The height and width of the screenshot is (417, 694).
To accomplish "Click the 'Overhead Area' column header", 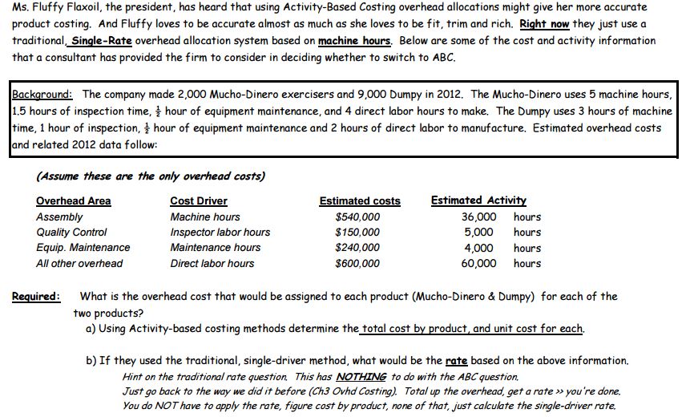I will pyautogui.click(x=74, y=200).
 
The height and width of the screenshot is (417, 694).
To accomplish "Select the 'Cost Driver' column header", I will pyautogui.click(x=199, y=200).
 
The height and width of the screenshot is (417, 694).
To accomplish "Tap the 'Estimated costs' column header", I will pyautogui.click(x=360, y=200).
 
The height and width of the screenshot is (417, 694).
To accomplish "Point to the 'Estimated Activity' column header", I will pyautogui.click(x=478, y=200).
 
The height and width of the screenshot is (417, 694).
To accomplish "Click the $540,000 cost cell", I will pyautogui.click(x=357, y=217).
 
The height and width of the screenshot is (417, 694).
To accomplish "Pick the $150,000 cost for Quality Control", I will pyautogui.click(x=357, y=233).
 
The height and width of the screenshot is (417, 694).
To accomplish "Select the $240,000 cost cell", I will pyautogui.click(x=357, y=248).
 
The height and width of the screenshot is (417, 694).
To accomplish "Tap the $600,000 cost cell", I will pyautogui.click(x=357, y=263).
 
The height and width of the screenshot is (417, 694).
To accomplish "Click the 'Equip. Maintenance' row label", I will pyautogui.click(x=83, y=248).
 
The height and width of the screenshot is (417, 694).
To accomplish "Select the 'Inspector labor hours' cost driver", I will pyautogui.click(x=220, y=233).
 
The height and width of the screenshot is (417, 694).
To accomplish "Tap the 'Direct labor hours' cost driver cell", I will pyautogui.click(x=212, y=263).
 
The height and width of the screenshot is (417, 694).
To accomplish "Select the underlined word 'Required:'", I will pyautogui.click(x=36, y=297).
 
